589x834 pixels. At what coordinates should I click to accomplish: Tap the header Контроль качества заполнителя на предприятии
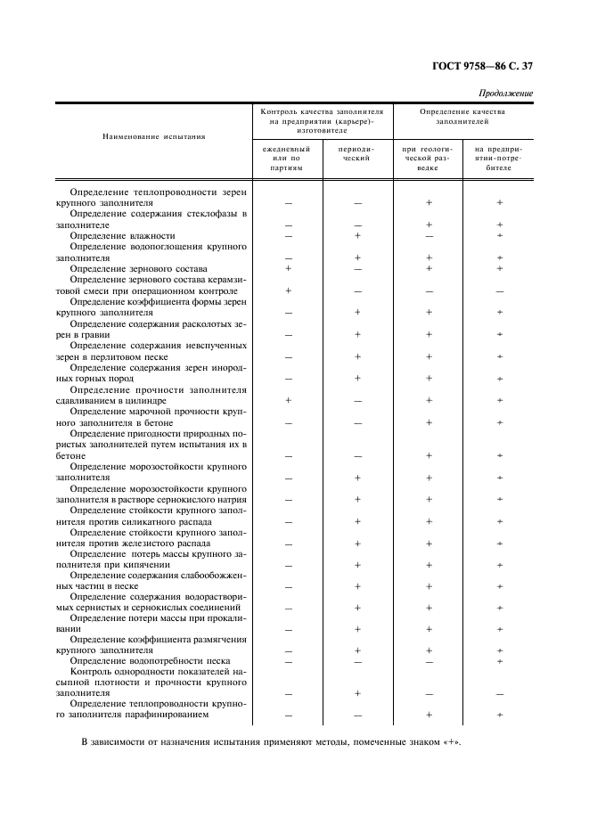point(322,120)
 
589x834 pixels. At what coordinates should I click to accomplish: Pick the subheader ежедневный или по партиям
point(288,158)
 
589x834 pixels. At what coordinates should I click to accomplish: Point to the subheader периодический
point(356,153)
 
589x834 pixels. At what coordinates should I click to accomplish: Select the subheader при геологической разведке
point(429,158)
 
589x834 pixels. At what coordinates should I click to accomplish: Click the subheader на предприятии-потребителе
point(499,158)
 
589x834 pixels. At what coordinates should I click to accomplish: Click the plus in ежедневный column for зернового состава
point(288,268)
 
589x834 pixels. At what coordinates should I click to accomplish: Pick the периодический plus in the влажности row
point(356,235)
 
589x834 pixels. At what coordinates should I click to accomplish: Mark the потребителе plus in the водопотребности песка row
point(499,661)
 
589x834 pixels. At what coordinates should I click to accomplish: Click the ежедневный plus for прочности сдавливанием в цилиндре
point(288,400)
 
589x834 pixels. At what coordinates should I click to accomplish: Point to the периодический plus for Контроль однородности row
point(356,693)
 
